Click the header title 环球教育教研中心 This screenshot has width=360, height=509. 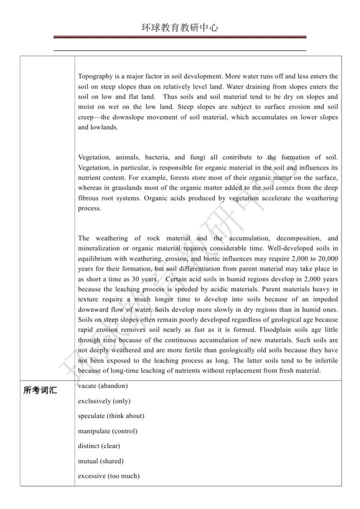179,28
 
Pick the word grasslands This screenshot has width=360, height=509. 122,188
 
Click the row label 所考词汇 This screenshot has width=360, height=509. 40,390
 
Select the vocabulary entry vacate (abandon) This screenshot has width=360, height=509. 103,385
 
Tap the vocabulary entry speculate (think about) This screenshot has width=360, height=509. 111,416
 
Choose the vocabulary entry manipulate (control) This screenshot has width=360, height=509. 107,431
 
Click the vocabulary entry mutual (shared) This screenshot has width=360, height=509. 100,461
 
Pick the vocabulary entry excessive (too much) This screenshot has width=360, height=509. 108,476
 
